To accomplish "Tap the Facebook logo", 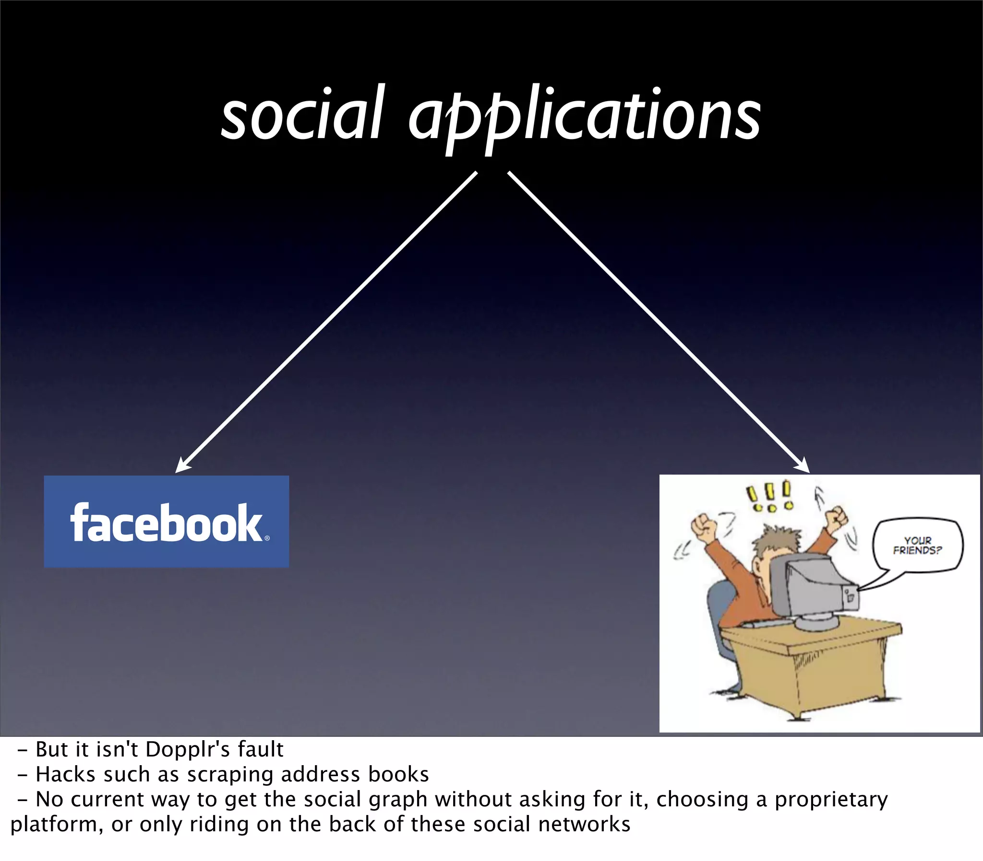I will point(167,521).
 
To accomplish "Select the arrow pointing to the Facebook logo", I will point(327,322).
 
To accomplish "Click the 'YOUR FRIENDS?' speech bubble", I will point(917,546).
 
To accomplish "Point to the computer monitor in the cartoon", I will point(813,589).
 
